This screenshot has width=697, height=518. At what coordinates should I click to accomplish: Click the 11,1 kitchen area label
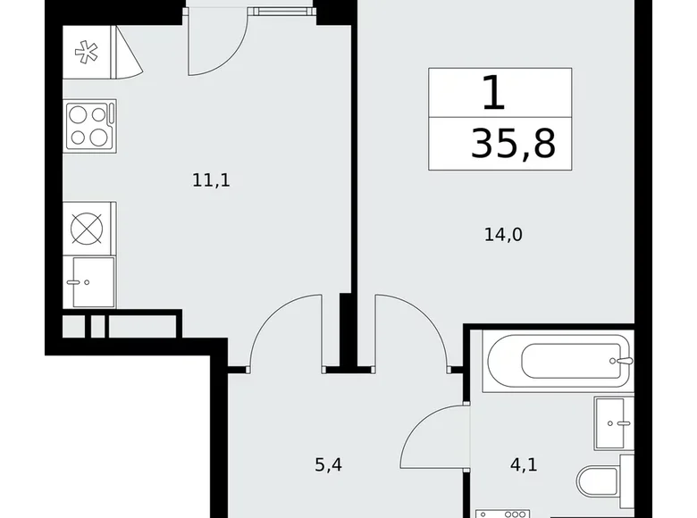pyautogui.click(x=211, y=180)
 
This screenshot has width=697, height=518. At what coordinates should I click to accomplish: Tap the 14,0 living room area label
pyautogui.click(x=503, y=234)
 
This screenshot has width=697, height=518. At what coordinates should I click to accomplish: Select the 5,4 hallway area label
pyautogui.click(x=329, y=464)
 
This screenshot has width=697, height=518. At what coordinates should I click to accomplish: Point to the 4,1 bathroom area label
pyautogui.click(x=524, y=464)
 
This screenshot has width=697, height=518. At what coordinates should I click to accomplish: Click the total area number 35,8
pyautogui.click(x=514, y=143)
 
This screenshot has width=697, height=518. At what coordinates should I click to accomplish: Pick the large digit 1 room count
pyautogui.click(x=494, y=92)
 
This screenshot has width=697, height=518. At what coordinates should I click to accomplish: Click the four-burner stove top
pyautogui.click(x=90, y=126)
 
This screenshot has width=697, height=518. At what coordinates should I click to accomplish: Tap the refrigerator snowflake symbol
pyautogui.click(x=87, y=52)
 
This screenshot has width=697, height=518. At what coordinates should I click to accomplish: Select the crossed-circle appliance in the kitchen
pyautogui.click(x=87, y=230)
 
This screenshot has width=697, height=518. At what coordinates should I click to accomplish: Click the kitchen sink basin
pyautogui.click(x=93, y=281)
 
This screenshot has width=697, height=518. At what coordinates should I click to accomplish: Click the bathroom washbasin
pyautogui.click(x=615, y=423)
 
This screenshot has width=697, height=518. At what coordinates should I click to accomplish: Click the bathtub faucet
pyautogui.click(x=623, y=361)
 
